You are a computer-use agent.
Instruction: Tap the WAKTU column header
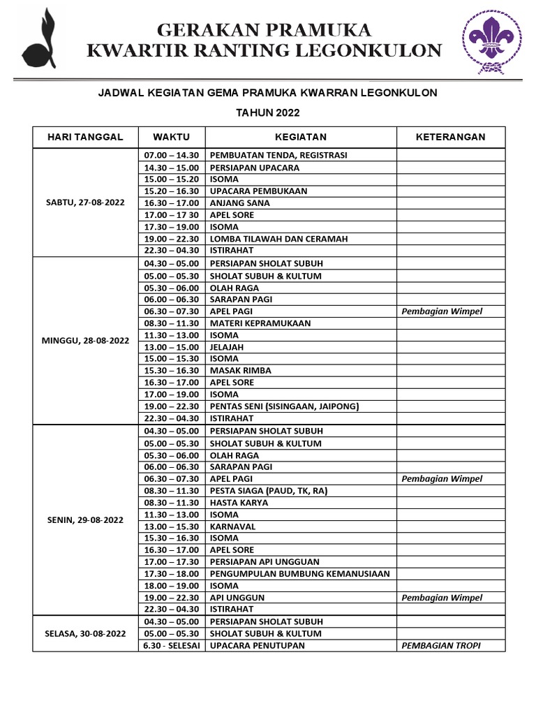[x=171, y=137]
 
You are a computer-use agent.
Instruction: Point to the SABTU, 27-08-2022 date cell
[x=84, y=202]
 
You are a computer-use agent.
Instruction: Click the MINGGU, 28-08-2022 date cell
[x=84, y=341]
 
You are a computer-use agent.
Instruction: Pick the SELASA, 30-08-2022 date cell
[x=84, y=633]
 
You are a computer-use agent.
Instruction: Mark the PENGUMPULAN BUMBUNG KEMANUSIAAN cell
[x=299, y=574]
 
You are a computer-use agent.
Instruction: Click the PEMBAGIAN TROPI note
[x=441, y=646]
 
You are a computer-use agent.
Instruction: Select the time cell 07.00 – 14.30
[x=171, y=155]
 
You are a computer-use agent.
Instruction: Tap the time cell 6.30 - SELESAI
[x=171, y=646]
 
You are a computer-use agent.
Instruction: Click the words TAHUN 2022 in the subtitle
[x=267, y=112]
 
